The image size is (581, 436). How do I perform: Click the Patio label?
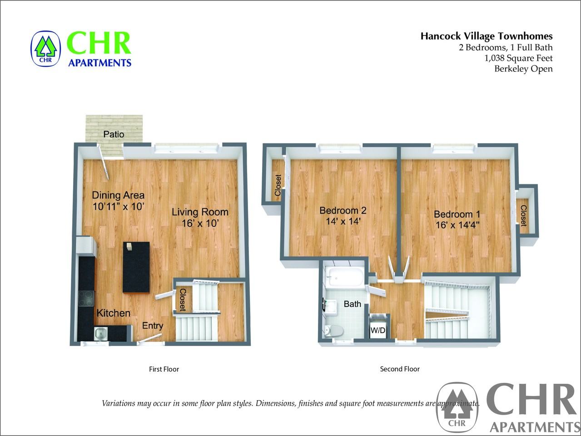coord(114,134)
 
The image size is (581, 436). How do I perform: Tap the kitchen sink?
coord(101,334)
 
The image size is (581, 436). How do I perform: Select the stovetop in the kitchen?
coord(86,298)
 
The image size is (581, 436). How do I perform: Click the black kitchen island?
coord(136,268)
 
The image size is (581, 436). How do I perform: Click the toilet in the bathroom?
coord(334,330)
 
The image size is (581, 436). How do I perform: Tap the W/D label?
coord(377,330)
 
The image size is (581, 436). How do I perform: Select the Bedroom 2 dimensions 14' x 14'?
coord(343,221)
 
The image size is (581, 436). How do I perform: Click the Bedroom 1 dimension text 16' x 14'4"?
coord(457,225)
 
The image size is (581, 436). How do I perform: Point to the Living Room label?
coord(200,212)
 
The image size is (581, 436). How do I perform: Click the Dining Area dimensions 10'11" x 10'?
coord(118,206)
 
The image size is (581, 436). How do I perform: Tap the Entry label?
coord(153,326)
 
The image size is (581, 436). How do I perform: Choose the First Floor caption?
coord(164,369)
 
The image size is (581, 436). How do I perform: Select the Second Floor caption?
coord(400,369)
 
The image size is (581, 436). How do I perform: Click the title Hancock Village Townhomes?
coord(487,36)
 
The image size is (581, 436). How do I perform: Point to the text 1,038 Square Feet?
coord(518,58)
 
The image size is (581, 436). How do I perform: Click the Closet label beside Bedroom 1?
coord(523,216)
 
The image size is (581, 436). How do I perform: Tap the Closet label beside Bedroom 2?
coord(278,185)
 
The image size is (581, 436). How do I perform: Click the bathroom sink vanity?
coord(330,307)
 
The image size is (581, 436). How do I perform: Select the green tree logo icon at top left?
coord(46,49)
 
